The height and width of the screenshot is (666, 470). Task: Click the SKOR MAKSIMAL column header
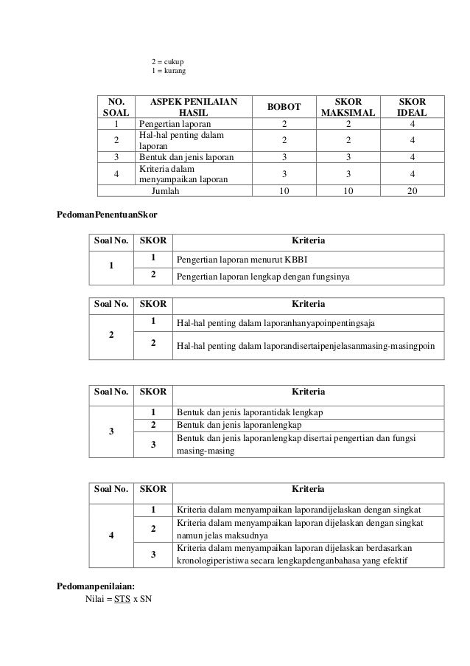(x=348, y=107)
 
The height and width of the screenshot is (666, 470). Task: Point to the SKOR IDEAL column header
(x=415, y=107)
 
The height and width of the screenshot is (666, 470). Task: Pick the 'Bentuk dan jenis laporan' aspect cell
(x=186, y=156)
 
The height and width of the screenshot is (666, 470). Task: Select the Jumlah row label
(x=169, y=189)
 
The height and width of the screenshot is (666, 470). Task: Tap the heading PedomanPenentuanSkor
(x=108, y=215)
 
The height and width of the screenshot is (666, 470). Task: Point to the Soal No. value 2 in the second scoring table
(x=111, y=335)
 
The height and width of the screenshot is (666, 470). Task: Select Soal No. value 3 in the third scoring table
(x=111, y=432)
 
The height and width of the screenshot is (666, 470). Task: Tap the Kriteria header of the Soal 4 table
(x=308, y=490)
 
